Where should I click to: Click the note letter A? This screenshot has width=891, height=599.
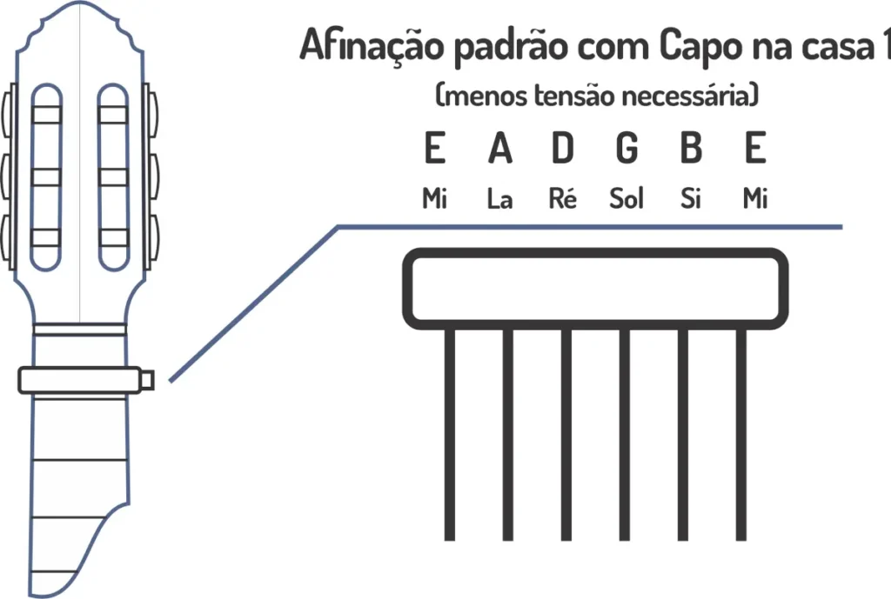[499, 150]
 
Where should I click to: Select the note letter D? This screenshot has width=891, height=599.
[564, 150]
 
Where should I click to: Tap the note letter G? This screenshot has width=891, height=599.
[626, 150]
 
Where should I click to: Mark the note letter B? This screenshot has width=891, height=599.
[691, 150]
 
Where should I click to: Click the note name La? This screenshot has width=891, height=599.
[499, 200]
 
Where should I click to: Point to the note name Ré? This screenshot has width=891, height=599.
[564, 200]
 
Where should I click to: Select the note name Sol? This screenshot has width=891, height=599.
[626, 200]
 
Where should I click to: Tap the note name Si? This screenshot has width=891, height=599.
[691, 200]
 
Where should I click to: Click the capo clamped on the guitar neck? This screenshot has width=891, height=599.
[83, 380]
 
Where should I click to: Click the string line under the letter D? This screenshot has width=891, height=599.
[566, 435]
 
